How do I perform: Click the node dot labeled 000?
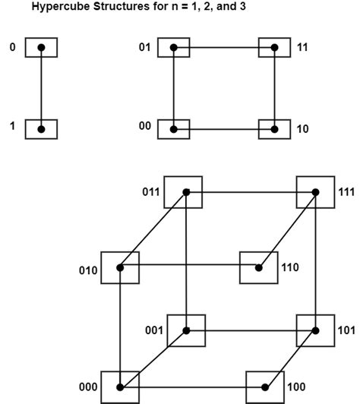pos(120,387)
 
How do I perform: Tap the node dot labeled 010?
pos(120,267)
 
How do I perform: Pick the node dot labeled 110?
pos(258,267)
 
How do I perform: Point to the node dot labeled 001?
pos(186,330)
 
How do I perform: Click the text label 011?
pos(150,191)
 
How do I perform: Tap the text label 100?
pos(296,387)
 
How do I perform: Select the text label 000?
pos(88,387)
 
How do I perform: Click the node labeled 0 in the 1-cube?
pos(41,48)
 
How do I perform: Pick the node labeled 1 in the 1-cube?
pos(41,129)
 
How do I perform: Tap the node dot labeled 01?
pos(174,48)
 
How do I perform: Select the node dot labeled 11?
pos(274,48)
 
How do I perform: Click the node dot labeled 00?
pos(174,129)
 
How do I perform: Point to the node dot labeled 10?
pos(274,129)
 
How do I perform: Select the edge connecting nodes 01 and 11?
pos(224,48)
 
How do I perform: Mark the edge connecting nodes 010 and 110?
pos(189,267)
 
